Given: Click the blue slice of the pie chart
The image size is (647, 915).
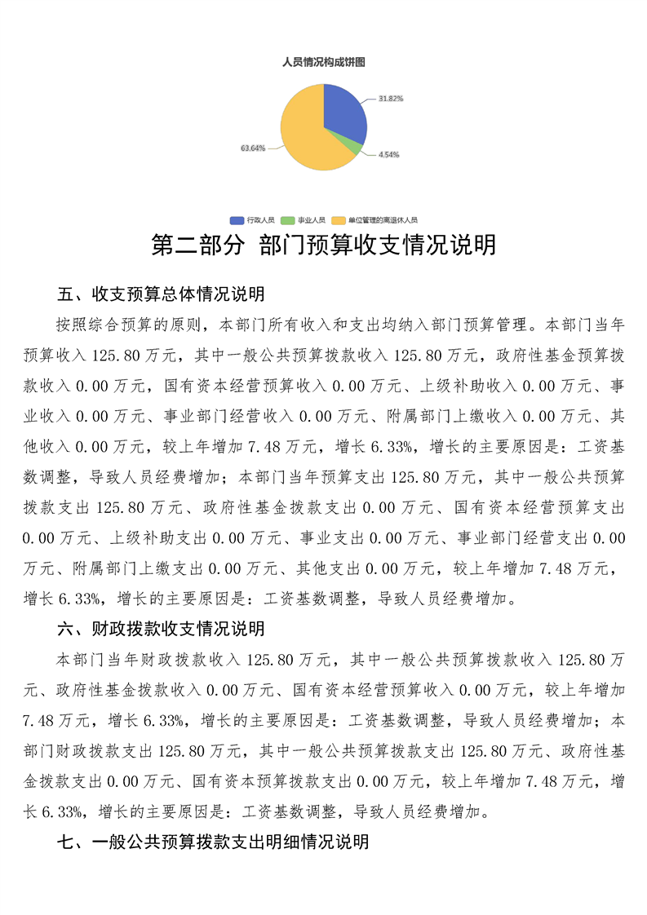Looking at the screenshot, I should pyautogui.click(x=343, y=110).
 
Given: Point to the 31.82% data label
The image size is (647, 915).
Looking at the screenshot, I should pyautogui.click(x=391, y=98).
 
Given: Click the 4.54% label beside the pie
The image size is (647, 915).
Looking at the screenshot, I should pyautogui.click(x=388, y=154).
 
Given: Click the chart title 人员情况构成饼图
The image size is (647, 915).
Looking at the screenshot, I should pyautogui.click(x=323, y=62).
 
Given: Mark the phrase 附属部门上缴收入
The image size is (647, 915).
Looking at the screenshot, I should pyautogui.click(x=462, y=416).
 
